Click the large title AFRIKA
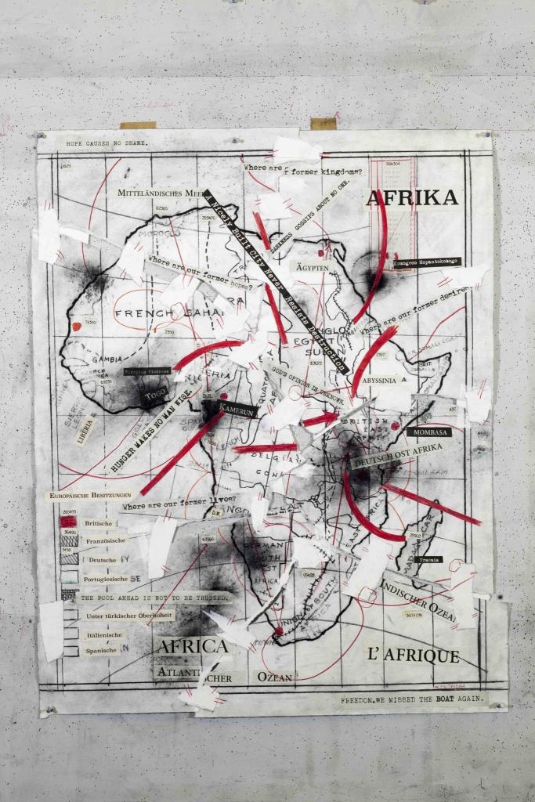coord(412,198)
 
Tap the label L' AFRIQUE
coord(413,656)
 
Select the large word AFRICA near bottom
coord(192,647)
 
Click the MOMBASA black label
coord(428,432)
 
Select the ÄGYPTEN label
coord(313,267)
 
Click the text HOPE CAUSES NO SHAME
coord(107,144)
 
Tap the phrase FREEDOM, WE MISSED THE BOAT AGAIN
coord(413,697)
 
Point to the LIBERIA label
coord(86,430)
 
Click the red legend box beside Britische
coord(69,522)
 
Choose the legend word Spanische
coord(103,650)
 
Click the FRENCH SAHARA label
coord(170,315)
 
